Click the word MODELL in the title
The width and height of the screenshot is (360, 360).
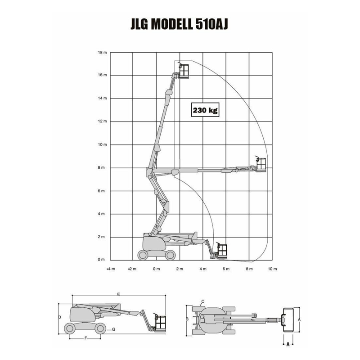(171, 24)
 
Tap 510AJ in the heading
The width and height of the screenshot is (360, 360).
(211, 24)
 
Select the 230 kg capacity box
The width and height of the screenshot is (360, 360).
(205, 110)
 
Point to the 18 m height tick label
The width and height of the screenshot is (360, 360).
(103, 53)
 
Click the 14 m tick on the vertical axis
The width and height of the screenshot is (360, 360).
(103, 98)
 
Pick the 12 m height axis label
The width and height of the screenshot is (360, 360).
(103, 121)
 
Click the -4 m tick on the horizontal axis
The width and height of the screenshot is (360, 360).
(111, 269)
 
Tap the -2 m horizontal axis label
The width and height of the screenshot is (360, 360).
(132, 269)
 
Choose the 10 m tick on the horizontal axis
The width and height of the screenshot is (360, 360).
(272, 269)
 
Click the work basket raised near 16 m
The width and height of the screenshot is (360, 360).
(184, 71)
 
